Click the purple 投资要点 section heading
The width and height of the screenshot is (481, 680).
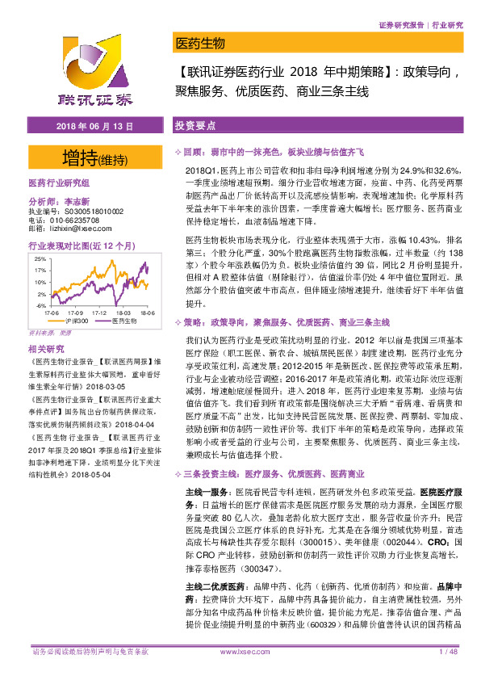pos(194,128)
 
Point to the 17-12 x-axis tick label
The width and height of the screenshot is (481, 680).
pos(102,312)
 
